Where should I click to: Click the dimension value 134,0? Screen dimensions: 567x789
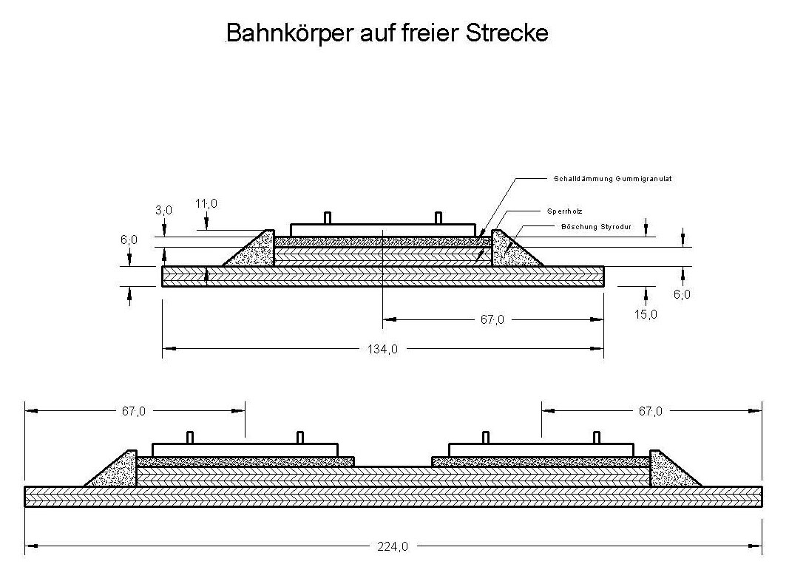[383, 349]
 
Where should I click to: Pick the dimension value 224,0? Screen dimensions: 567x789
[393, 547]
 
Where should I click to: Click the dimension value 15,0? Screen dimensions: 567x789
[645, 314]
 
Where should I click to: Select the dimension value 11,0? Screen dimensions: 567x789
[208, 203]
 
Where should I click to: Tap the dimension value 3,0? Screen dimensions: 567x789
[163, 210]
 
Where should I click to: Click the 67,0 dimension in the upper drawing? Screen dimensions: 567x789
[491, 319]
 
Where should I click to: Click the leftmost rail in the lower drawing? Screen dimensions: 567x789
[189, 437]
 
